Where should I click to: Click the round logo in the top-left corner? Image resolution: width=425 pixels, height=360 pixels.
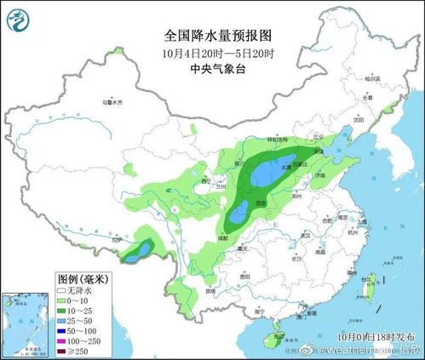[17, 16]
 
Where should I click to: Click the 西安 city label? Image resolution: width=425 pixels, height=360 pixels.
[260, 205]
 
